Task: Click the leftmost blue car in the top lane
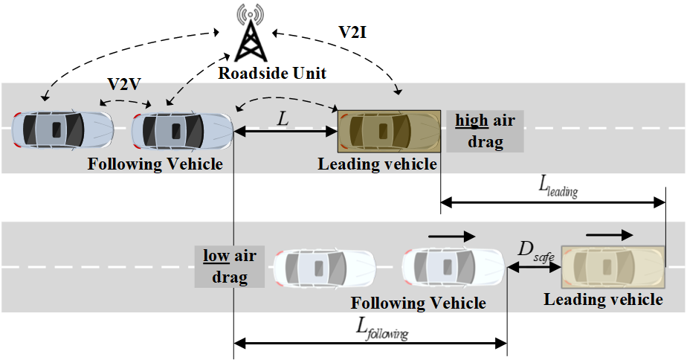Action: [63, 130]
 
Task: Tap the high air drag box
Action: [485, 131]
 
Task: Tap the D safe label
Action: [534, 254]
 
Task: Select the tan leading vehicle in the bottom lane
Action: [612, 267]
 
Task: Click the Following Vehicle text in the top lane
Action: [155, 163]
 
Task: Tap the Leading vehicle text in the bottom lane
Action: [603, 299]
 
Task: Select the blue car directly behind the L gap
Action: [182, 131]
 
